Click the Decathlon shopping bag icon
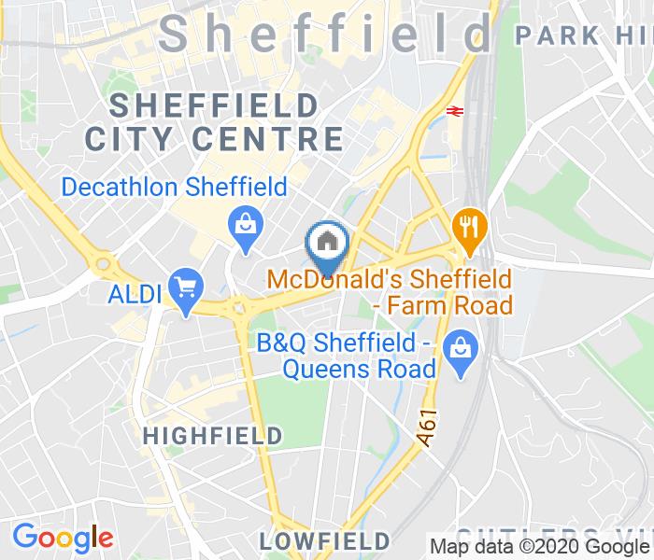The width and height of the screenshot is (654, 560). (246, 225)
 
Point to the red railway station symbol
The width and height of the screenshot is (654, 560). (455, 110)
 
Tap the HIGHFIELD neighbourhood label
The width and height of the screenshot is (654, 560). (213, 435)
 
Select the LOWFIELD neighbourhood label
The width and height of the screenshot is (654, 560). (324, 540)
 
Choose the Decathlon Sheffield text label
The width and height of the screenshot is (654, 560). (174, 188)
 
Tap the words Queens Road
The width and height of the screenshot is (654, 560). (360, 368)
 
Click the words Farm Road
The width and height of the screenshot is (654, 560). (454, 305)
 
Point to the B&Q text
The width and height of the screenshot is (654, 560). (281, 342)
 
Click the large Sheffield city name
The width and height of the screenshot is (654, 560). (325, 35)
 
